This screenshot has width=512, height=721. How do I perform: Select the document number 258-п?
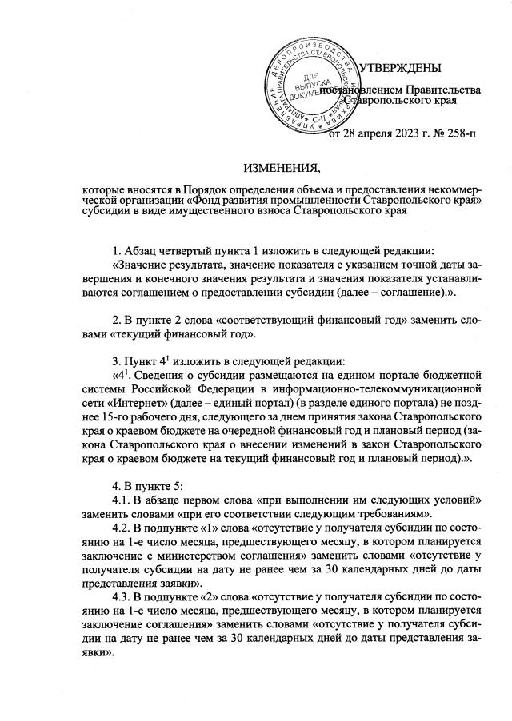point(455,133)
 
